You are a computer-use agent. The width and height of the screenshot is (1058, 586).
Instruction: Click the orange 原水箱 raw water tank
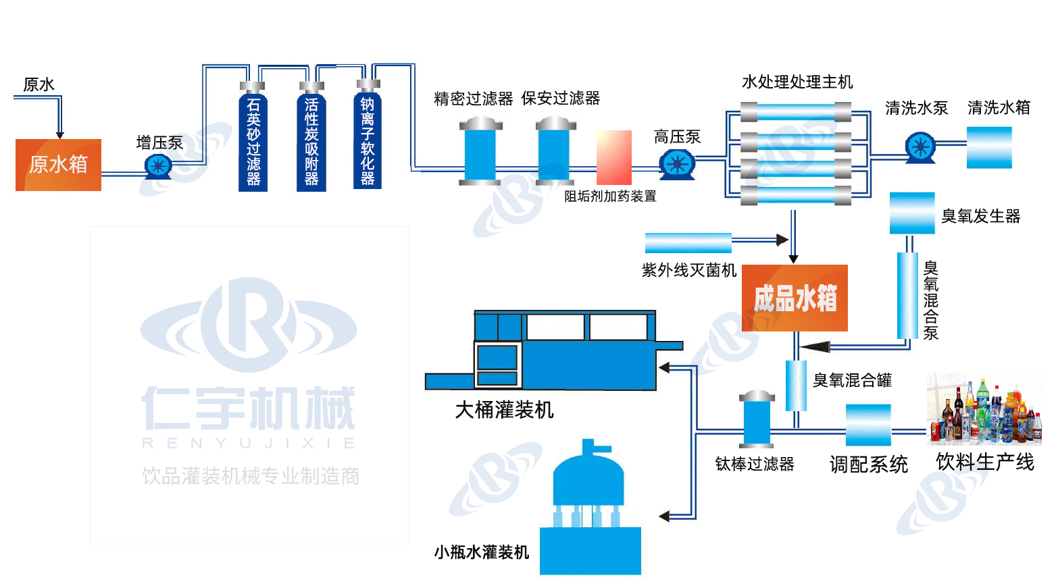click(x=58, y=165)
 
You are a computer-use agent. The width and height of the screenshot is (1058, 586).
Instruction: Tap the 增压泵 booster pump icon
click(x=158, y=165)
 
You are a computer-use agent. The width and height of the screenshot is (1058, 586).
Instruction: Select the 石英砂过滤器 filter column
click(x=253, y=140)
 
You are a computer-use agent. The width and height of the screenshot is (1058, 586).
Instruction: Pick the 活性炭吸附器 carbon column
click(x=311, y=140)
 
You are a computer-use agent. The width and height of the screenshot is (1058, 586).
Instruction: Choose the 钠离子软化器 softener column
click(x=368, y=138)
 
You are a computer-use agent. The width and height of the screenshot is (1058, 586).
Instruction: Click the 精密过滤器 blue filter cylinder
click(x=480, y=152)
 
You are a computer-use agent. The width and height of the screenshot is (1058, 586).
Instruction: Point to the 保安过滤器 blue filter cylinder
click(x=555, y=152)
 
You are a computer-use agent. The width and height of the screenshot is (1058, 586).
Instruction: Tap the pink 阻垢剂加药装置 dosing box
click(x=613, y=157)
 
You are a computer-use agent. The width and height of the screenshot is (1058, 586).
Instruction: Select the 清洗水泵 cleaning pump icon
click(x=920, y=146)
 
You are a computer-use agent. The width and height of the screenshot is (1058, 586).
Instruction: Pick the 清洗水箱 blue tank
click(x=989, y=147)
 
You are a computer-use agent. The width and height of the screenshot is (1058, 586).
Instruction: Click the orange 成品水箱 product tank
click(x=795, y=298)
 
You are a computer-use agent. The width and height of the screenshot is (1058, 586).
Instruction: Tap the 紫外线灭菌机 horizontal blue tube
click(x=688, y=242)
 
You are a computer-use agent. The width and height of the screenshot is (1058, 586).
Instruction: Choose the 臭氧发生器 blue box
click(x=912, y=213)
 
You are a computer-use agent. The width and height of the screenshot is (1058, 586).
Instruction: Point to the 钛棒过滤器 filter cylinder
click(x=757, y=419)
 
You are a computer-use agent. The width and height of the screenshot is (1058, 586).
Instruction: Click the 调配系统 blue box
click(x=868, y=425)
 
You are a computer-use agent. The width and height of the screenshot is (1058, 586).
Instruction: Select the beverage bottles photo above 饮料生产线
click(x=983, y=410)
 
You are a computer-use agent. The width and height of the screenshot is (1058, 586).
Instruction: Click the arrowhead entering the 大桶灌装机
click(x=664, y=368)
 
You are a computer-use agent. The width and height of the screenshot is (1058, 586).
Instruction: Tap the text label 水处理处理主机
click(x=797, y=82)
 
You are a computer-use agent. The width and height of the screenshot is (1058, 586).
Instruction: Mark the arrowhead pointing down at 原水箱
click(x=59, y=135)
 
